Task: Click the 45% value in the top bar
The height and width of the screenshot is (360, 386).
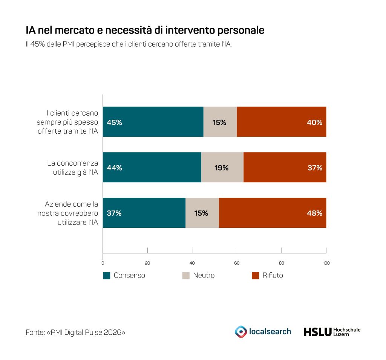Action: click(x=114, y=122)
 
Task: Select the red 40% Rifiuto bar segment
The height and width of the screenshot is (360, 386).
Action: click(x=281, y=122)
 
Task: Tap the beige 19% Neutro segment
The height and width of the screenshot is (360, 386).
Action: click(x=222, y=167)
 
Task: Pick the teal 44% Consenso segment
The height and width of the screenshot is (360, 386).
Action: click(x=152, y=167)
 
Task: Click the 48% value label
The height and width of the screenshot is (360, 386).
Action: click(x=314, y=213)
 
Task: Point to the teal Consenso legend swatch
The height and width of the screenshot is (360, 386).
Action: click(x=106, y=275)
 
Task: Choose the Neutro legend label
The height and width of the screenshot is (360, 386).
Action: click(x=204, y=275)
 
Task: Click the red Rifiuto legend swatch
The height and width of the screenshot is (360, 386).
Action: click(x=255, y=275)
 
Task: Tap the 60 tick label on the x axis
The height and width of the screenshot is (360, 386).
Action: click(x=237, y=263)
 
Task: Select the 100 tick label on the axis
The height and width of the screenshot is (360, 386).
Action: click(x=326, y=263)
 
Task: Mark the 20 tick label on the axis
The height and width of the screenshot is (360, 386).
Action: click(x=147, y=263)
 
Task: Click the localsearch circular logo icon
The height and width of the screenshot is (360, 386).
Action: click(x=241, y=332)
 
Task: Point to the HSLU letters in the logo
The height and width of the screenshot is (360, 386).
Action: click(x=317, y=332)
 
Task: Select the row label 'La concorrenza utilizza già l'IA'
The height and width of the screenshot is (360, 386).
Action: click(x=73, y=168)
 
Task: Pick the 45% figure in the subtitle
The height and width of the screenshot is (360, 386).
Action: click(x=37, y=44)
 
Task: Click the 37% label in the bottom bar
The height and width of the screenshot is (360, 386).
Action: click(x=114, y=213)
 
